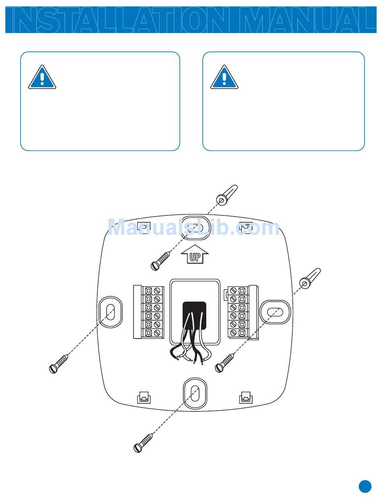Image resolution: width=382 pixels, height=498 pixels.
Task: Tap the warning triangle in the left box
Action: (x=42, y=77)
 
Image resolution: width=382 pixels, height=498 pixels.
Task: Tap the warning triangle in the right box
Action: (x=224, y=77)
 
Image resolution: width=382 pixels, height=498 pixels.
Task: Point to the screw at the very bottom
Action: (x=144, y=442)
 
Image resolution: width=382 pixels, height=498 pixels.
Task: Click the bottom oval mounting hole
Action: (x=195, y=392)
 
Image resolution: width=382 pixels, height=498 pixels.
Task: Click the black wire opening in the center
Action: (x=195, y=315)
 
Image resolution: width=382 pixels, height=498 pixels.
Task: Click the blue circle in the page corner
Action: (x=365, y=486)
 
